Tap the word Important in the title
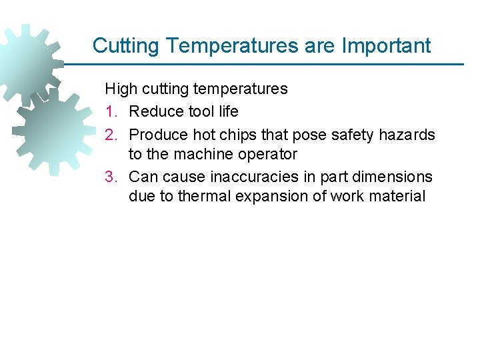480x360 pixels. pyautogui.click(x=386, y=46)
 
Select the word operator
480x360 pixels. pyautogui.click(x=265, y=155)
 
